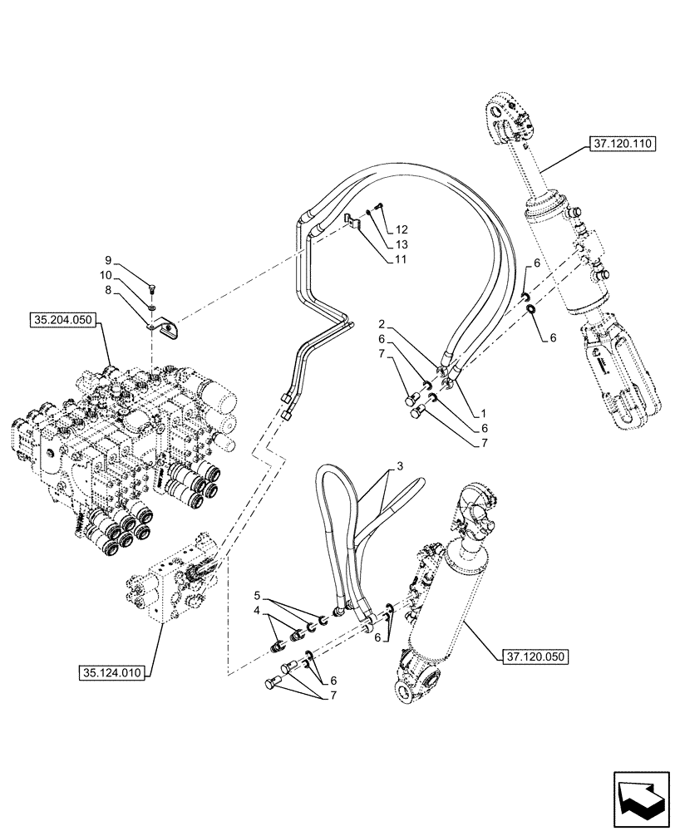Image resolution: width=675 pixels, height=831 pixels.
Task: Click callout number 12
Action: (x=402, y=229)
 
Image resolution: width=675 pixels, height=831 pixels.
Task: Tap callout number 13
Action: (x=402, y=244)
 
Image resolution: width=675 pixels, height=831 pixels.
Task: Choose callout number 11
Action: (x=402, y=260)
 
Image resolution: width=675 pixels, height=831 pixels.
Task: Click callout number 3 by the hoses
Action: (x=402, y=469)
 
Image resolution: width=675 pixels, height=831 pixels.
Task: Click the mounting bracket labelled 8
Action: (x=169, y=330)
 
